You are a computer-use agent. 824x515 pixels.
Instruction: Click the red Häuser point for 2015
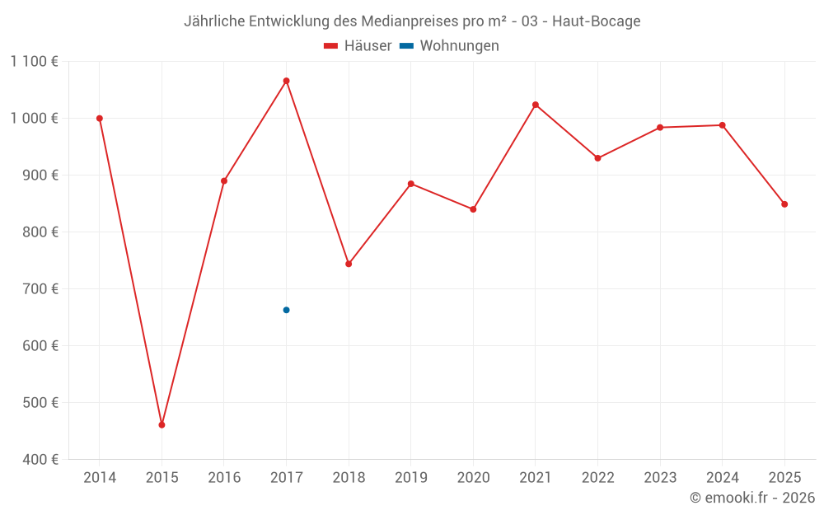point(162,425)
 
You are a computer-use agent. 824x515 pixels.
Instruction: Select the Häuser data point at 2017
point(286,81)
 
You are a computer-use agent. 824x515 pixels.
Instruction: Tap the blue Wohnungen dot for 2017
point(286,310)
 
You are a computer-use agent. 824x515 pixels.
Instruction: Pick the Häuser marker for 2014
point(100,119)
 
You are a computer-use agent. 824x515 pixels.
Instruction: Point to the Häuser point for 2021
point(536,105)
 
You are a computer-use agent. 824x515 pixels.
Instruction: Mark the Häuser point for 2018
point(349,264)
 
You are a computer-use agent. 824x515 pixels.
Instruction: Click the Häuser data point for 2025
point(784,204)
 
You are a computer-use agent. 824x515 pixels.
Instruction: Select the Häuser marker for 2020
point(473,209)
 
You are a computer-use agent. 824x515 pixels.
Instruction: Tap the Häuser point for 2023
point(660,128)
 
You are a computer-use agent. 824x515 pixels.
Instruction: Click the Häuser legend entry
point(358,46)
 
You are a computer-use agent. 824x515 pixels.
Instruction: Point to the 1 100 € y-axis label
point(35,61)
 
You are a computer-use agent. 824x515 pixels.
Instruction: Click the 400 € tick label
point(41,459)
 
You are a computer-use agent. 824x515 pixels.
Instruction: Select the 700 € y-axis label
point(41,288)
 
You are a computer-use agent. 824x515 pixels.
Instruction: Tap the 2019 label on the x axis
point(410,477)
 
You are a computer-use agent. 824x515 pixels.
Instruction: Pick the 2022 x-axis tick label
point(597,477)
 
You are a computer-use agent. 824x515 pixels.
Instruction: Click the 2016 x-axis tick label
point(224,477)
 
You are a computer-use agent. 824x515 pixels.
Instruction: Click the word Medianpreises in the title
point(406,21)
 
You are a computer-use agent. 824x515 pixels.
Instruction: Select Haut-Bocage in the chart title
point(597,21)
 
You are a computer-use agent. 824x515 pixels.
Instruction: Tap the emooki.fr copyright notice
point(752,498)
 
